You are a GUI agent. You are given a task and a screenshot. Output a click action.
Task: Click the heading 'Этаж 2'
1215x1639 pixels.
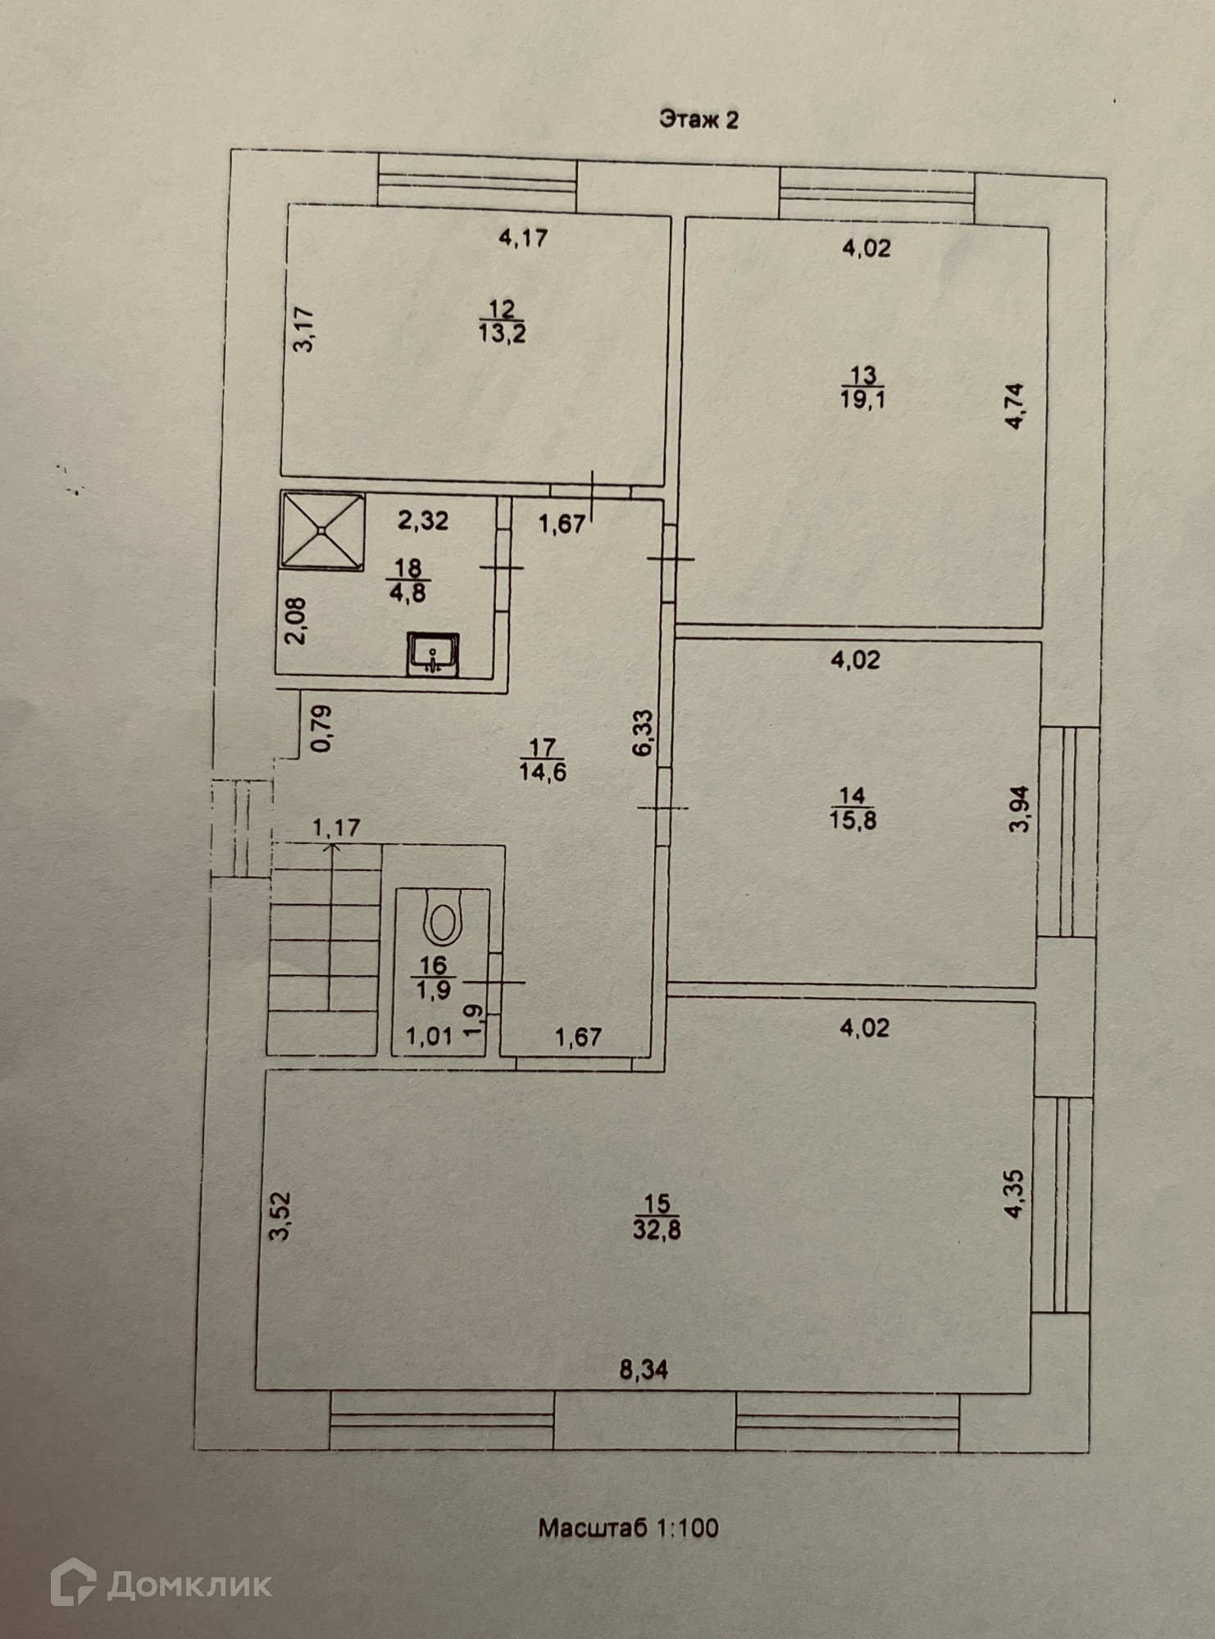point(699,120)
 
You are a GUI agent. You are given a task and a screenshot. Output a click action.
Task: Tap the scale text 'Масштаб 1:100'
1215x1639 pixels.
point(629,1528)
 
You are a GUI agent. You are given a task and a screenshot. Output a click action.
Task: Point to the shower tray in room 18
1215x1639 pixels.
point(322,531)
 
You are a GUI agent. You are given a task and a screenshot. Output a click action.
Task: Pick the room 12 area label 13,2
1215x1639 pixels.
point(502,332)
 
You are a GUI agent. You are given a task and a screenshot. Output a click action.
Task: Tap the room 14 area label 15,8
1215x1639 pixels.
point(853,819)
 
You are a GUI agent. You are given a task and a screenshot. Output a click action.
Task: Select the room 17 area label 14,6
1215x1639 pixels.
point(543,771)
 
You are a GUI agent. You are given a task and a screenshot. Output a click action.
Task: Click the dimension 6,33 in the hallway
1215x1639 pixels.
point(645,733)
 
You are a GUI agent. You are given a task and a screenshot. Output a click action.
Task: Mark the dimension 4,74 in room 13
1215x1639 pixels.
point(1016,406)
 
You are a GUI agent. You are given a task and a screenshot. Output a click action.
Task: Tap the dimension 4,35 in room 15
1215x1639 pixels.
point(1013,1195)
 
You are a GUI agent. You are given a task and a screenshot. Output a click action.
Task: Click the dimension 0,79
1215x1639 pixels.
point(322,729)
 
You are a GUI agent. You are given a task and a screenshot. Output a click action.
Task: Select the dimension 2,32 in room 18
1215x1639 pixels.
point(423,520)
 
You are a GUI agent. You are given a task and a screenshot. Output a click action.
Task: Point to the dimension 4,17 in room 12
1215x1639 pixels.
point(523,238)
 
